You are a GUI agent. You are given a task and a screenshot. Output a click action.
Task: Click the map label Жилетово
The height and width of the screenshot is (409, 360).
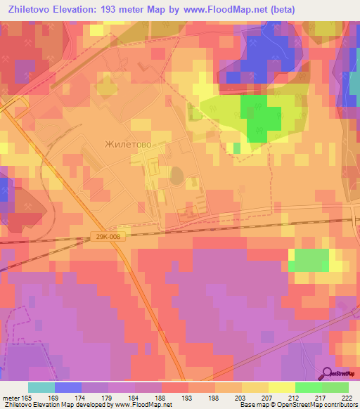[127, 144]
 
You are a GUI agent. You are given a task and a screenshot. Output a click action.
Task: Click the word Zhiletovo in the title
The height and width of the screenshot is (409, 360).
[32, 9]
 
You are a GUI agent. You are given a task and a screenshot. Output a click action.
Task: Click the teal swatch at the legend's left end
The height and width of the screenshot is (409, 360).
[41, 387]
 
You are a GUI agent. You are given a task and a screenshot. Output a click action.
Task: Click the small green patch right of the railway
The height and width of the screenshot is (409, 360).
[308, 259]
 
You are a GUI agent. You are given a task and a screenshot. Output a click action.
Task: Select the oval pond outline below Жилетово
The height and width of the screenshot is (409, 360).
[176, 174]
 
